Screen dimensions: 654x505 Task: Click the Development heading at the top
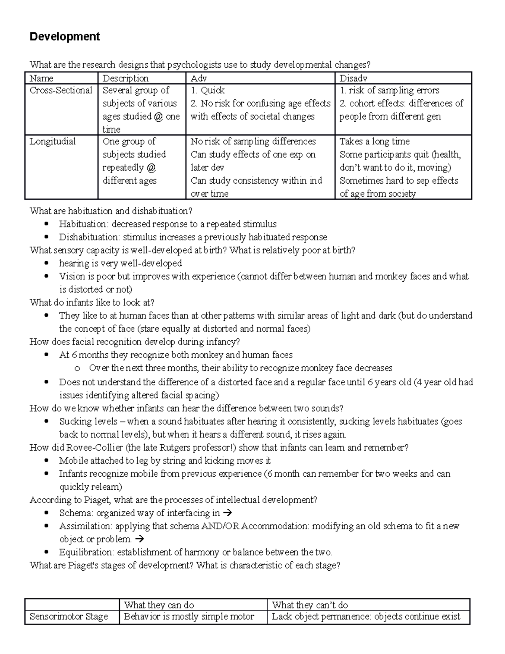pyautogui.click(x=64, y=37)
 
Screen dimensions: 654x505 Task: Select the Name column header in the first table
pyautogui.click(x=41, y=78)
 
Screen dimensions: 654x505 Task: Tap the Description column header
pyautogui.click(x=125, y=78)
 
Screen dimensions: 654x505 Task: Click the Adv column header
pyautogui.click(x=199, y=78)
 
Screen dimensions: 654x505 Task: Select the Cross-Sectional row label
pyautogui.click(x=61, y=91)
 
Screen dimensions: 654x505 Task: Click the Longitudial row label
pyautogui.click(x=53, y=141)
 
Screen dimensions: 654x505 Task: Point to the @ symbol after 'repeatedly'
pyautogui.click(x=151, y=168)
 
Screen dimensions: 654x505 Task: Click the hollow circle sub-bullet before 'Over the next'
pyautogui.click(x=77, y=368)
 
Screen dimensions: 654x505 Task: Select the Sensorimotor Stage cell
pyautogui.click(x=69, y=617)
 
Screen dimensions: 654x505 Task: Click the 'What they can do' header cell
pyautogui.click(x=159, y=605)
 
